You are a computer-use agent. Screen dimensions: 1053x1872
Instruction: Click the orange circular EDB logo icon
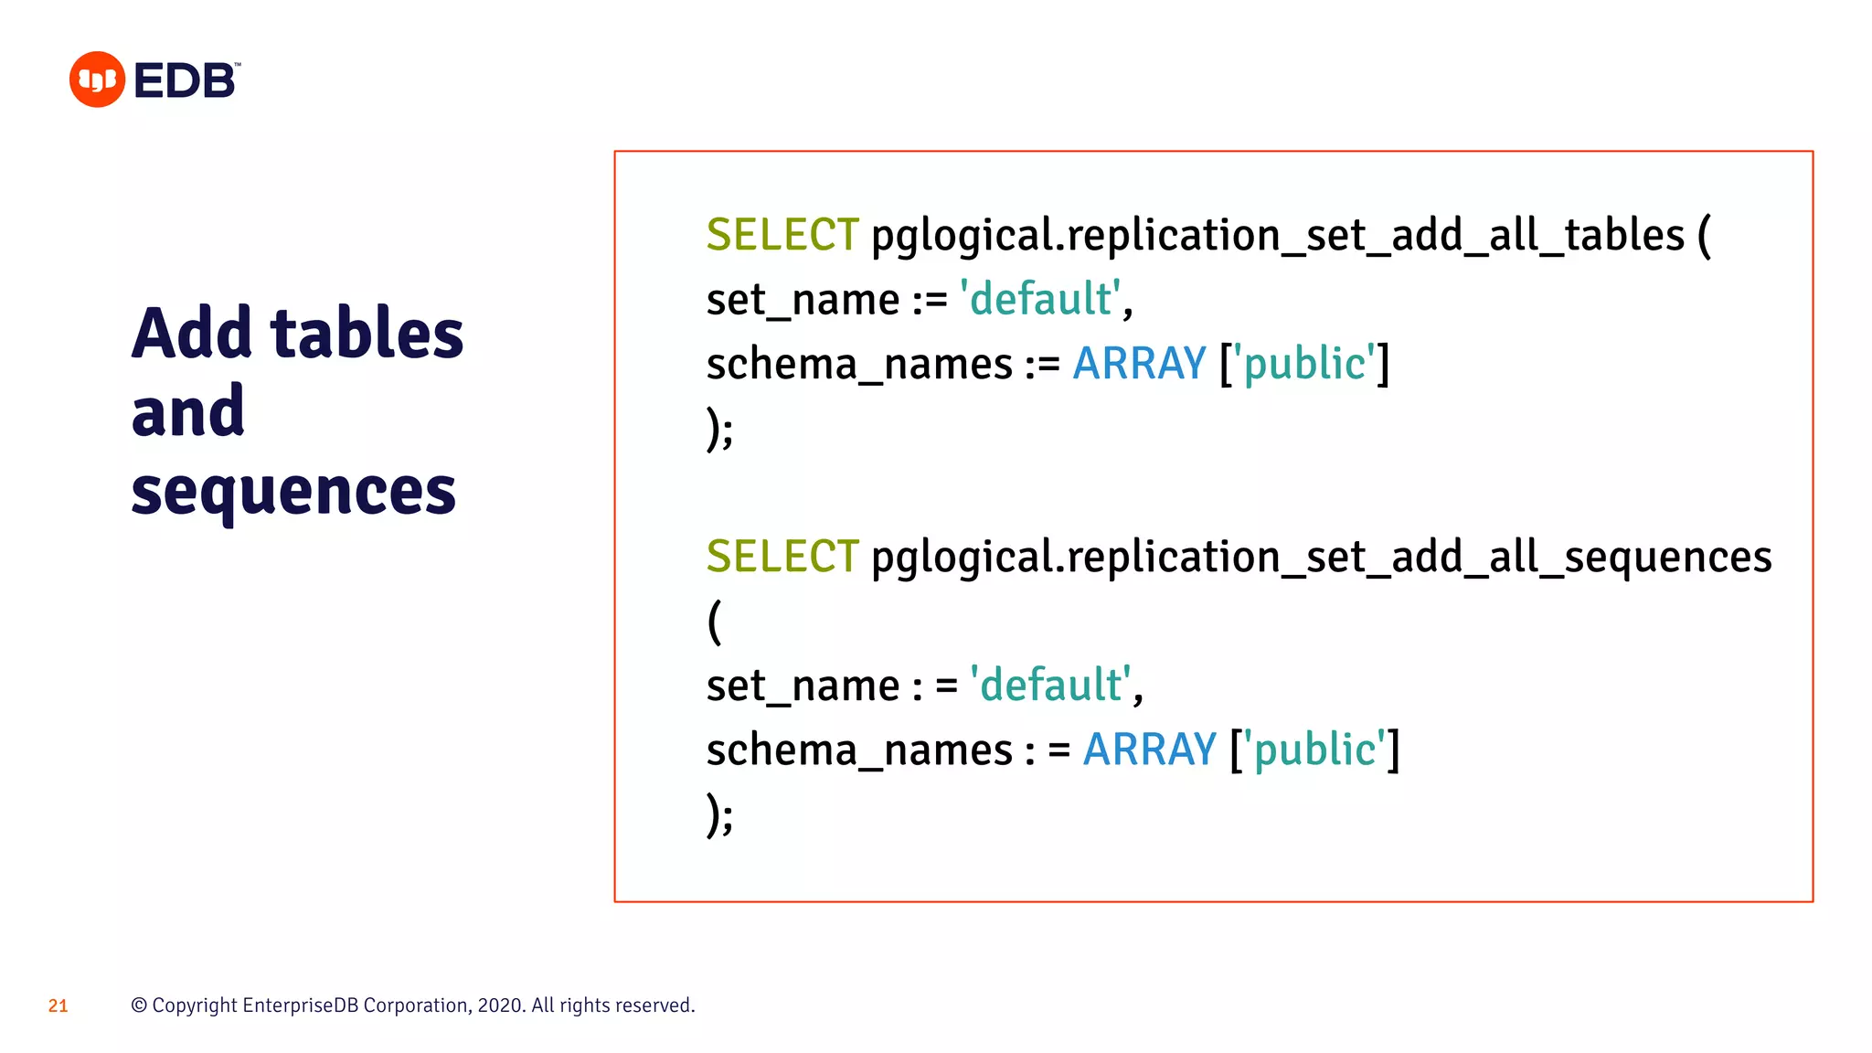coord(97,80)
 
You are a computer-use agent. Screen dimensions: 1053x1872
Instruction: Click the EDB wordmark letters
coord(185,81)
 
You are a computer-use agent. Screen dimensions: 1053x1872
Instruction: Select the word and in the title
coord(187,412)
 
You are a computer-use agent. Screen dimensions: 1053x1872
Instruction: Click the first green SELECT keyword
coord(782,235)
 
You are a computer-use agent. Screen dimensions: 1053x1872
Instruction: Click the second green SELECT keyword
coord(782,557)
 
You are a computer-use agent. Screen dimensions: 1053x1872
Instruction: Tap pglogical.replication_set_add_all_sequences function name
coord(1321,558)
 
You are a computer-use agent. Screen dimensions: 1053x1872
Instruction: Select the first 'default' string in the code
coord(1040,300)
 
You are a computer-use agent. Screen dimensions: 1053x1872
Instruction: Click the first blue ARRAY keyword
coord(1139,364)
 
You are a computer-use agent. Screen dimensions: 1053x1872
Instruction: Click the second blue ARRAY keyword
coord(1149,750)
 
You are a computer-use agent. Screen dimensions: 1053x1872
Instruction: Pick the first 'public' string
coord(1304,364)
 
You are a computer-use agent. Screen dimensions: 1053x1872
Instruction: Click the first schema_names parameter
coord(859,365)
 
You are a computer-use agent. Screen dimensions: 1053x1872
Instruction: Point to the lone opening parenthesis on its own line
coord(715,622)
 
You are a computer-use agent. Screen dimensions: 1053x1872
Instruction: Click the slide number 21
coord(58,1005)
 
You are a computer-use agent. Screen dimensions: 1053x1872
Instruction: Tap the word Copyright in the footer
coord(195,1005)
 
